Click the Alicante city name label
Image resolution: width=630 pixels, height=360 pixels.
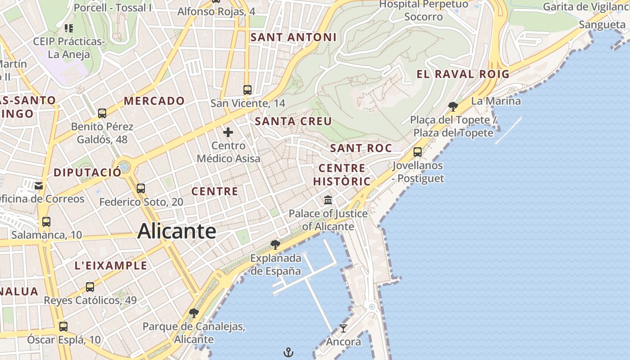[x=177, y=231]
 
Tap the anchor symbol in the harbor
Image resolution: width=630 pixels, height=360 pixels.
[x=288, y=352]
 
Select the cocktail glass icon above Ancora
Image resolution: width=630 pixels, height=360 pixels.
[x=343, y=328]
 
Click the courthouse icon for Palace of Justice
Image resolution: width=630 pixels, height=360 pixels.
[x=328, y=200]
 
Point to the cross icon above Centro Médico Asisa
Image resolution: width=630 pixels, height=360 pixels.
[x=228, y=132]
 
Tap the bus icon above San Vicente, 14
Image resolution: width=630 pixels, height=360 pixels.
[x=247, y=90]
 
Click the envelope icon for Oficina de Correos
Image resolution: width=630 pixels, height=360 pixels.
[x=39, y=185]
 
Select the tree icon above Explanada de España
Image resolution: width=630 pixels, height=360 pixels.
[x=275, y=245]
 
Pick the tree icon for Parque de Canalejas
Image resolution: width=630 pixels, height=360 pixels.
[x=194, y=313]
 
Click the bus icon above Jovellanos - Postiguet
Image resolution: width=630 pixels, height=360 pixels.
[x=418, y=152]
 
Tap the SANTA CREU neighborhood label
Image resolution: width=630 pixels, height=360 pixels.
[x=293, y=121]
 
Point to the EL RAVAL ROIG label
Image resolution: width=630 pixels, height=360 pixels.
[x=463, y=74]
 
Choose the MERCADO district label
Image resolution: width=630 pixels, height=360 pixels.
[x=154, y=101]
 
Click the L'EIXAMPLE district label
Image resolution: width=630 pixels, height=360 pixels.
[x=111, y=265]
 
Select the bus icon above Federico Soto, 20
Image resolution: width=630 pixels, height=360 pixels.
[x=141, y=188]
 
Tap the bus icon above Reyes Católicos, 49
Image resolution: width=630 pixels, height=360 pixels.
[x=90, y=287]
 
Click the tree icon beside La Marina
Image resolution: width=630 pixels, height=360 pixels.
[x=453, y=107]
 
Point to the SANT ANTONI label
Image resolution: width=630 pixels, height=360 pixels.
[x=293, y=37]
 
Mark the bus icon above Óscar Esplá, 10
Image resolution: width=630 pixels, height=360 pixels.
[x=63, y=327]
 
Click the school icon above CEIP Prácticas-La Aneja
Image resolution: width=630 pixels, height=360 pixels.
[x=69, y=28]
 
